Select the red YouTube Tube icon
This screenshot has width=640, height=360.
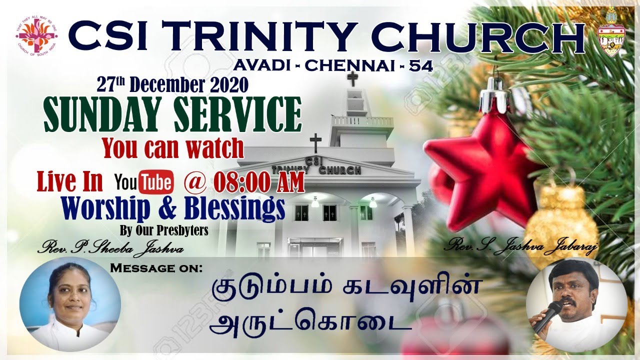(155, 182)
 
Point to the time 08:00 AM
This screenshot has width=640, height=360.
(259, 183)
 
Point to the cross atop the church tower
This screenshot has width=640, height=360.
(353, 78)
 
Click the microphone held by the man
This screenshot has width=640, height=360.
(547, 316)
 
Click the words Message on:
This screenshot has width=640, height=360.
(156, 268)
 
